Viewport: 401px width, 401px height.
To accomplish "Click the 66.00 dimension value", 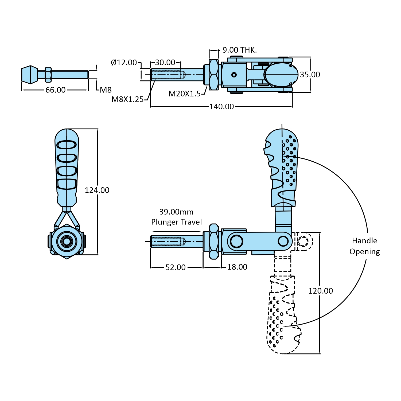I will (x=56, y=90).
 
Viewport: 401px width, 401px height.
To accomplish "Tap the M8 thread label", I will (x=106, y=90).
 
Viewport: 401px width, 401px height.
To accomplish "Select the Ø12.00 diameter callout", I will (x=124, y=63).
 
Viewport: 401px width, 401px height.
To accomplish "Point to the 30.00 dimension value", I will (x=165, y=63).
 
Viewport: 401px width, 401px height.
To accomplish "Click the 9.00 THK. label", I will (x=240, y=50).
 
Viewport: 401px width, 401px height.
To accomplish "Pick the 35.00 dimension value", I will (x=310, y=75).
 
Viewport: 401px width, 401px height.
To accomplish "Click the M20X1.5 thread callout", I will (x=184, y=94).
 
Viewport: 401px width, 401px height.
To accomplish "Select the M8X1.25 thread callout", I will (x=127, y=99).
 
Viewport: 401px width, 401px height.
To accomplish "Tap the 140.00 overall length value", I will (x=221, y=107).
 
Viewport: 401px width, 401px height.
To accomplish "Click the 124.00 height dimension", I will (x=97, y=190).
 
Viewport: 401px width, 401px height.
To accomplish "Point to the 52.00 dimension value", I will (x=176, y=267).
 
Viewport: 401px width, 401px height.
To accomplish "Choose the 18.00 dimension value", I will (x=237, y=267).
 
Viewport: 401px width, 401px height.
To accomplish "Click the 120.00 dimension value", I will (x=321, y=291).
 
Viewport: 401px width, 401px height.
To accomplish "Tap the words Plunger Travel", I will (x=176, y=222).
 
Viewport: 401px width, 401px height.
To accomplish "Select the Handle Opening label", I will (x=365, y=246).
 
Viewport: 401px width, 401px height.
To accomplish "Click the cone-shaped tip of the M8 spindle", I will (x=30, y=75).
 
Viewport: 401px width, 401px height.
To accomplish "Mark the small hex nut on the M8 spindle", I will (x=48, y=75).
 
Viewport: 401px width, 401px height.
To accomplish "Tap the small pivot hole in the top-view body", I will (x=234, y=75).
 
